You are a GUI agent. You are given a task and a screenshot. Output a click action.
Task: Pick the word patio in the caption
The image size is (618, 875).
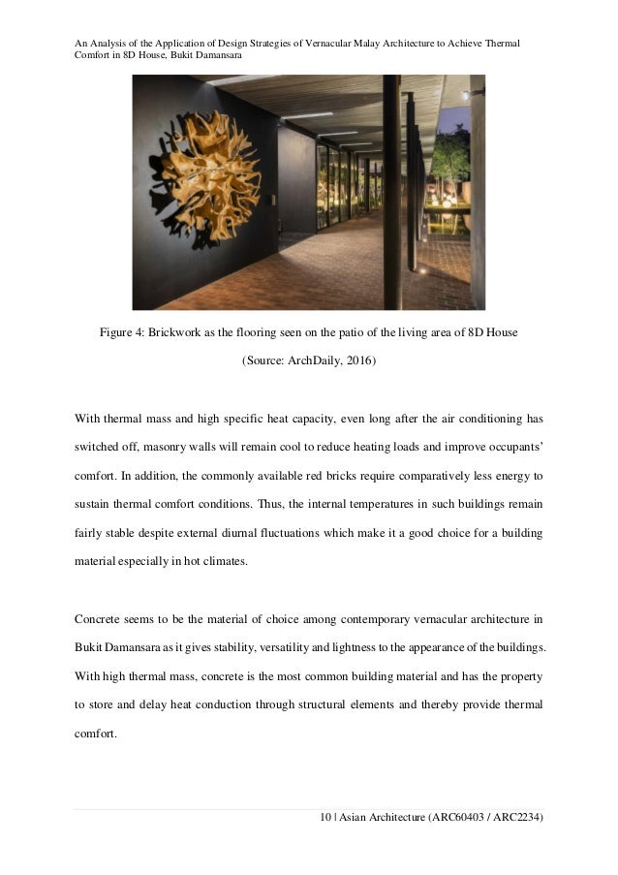click(372, 334)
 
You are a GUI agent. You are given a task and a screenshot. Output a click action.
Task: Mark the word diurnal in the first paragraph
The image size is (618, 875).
click(318, 533)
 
